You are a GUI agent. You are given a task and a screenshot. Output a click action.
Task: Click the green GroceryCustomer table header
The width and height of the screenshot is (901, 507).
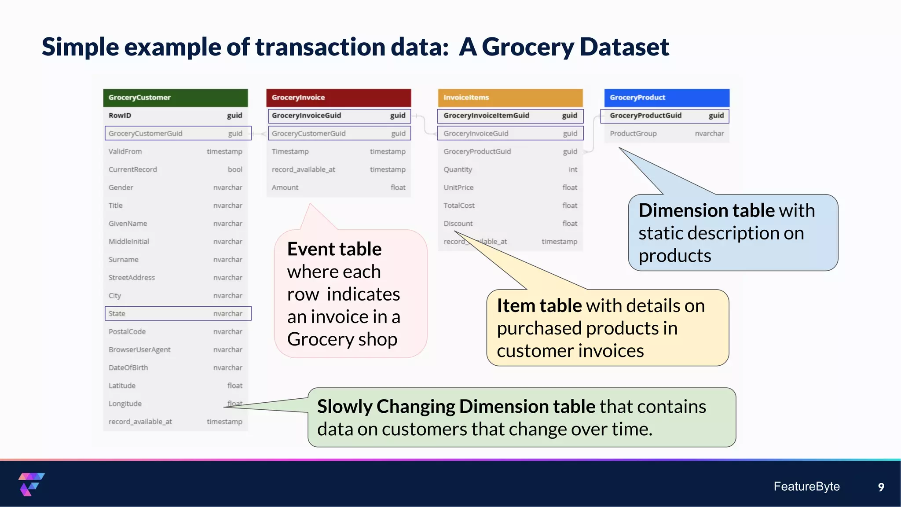175,98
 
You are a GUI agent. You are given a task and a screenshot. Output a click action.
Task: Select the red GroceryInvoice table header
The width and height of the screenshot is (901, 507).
338,98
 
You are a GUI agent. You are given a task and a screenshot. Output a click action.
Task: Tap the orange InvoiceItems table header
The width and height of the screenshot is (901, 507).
510,98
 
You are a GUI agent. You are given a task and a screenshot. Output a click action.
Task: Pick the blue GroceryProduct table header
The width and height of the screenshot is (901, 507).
667,98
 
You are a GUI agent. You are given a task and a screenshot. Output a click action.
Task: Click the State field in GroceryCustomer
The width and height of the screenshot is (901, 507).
117,313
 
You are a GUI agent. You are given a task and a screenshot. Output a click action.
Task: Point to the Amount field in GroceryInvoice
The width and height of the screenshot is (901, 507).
285,187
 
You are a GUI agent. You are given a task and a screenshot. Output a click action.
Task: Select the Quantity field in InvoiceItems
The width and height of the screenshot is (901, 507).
458,169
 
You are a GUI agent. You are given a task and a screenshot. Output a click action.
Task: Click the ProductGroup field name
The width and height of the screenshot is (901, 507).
633,133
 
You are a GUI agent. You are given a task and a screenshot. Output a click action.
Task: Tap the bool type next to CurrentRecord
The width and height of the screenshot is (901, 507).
235,169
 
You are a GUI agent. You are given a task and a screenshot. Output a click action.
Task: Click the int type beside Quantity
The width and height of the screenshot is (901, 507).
573,169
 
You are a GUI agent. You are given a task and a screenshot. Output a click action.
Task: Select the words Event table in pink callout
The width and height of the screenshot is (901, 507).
334,249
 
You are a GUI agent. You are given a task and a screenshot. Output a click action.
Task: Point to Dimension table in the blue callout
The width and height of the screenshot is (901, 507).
707,210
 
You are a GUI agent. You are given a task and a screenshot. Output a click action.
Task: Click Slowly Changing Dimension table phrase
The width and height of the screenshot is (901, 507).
456,407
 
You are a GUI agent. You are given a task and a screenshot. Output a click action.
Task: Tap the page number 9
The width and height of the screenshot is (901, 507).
881,487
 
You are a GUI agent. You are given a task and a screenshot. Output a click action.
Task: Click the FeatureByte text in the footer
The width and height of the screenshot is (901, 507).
806,486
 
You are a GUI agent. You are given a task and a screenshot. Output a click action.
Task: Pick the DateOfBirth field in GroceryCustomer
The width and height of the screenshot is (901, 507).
128,367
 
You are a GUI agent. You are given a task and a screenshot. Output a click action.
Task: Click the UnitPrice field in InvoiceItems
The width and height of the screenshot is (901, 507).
458,187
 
